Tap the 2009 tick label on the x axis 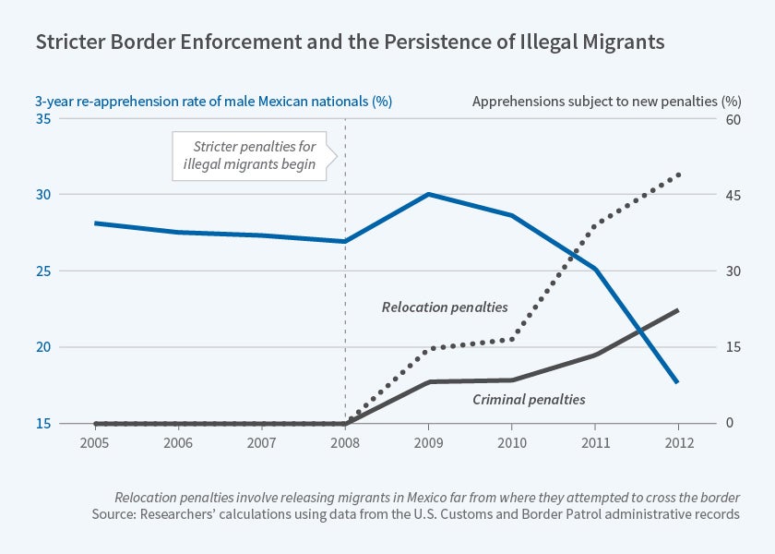tap(428, 442)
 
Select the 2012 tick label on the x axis tap(678, 442)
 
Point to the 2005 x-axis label tap(95, 442)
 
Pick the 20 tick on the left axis tap(44, 348)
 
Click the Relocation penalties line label tap(445, 307)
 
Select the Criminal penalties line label tap(529, 400)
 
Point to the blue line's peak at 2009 tap(428, 194)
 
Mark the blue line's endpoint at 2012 tap(678, 381)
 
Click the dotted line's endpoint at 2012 tap(679, 174)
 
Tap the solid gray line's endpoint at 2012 tap(678, 310)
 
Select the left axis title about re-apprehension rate tap(214, 101)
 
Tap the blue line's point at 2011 tap(595, 269)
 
